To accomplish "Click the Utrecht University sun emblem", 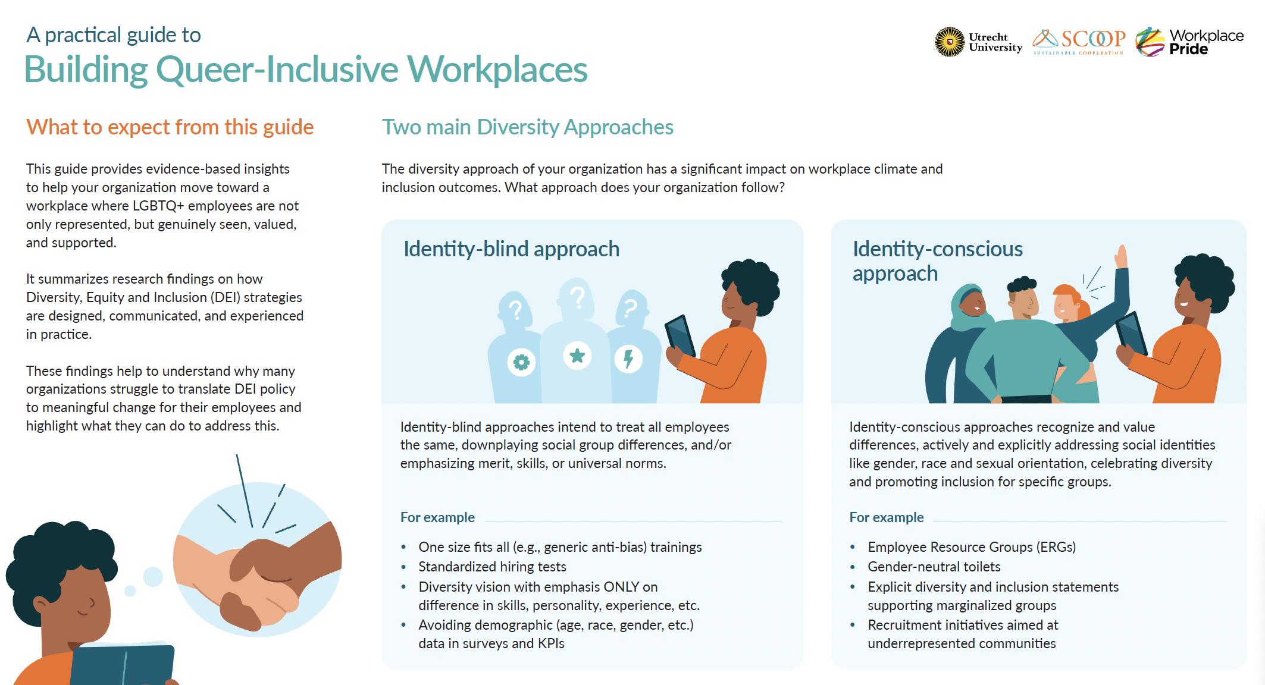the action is pyautogui.click(x=950, y=42).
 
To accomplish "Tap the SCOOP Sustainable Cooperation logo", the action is pyautogui.click(x=1079, y=42).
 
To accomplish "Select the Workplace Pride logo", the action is pyautogui.click(x=1189, y=42).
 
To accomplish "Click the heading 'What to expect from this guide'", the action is pyautogui.click(x=170, y=127).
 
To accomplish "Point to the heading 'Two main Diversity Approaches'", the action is pyautogui.click(x=527, y=127).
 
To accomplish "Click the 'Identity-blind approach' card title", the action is pyautogui.click(x=511, y=249).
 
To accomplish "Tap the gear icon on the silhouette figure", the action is pyautogui.click(x=521, y=362).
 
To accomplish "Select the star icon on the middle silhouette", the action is pyautogui.click(x=577, y=356).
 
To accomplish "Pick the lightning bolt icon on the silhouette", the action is pyautogui.click(x=628, y=359).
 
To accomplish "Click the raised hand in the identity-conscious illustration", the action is pyautogui.click(x=1121, y=257).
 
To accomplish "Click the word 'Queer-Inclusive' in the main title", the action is pyautogui.click(x=277, y=70).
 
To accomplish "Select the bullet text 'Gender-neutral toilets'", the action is pyautogui.click(x=934, y=567).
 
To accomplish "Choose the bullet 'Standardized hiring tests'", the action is pyautogui.click(x=492, y=567).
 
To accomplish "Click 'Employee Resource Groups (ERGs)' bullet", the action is pyautogui.click(x=972, y=547).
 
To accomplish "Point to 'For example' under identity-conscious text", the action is pyautogui.click(x=886, y=517).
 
